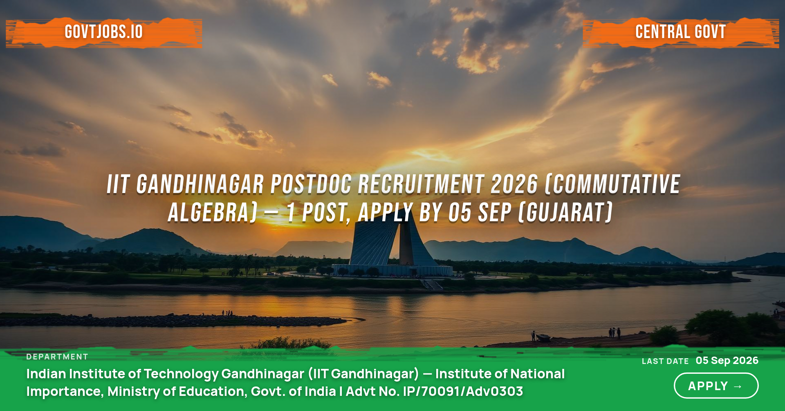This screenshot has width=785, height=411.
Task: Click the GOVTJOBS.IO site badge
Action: click(x=104, y=32)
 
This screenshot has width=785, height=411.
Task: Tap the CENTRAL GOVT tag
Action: click(x=681, y=32)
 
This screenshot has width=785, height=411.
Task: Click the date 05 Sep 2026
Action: click(x=727, y=360)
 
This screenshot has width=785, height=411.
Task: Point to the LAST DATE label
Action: click(x=665, y=361)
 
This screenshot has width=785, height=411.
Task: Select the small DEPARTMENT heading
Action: click(x=57, y=357)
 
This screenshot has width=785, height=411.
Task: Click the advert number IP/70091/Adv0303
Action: click(x=463, y=391)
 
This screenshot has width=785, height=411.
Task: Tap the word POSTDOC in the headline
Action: click(x=311, y=184)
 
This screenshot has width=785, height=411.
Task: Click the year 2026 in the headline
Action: click(x=514, y=184)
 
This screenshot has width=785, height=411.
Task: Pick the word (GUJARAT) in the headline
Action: click(x=565, y=213)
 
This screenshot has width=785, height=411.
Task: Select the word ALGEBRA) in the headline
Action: click(x=213, y=213)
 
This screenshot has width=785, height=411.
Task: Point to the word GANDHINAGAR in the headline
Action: click(x=200, y=184)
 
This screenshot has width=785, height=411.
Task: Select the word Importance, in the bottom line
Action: click(x=65, y=392)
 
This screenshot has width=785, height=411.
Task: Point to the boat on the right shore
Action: click(x=543, y=337)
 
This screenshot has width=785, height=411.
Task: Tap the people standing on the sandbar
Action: click(x=227, y=313)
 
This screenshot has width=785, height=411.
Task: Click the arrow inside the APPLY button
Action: click(x=738, y=386)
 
